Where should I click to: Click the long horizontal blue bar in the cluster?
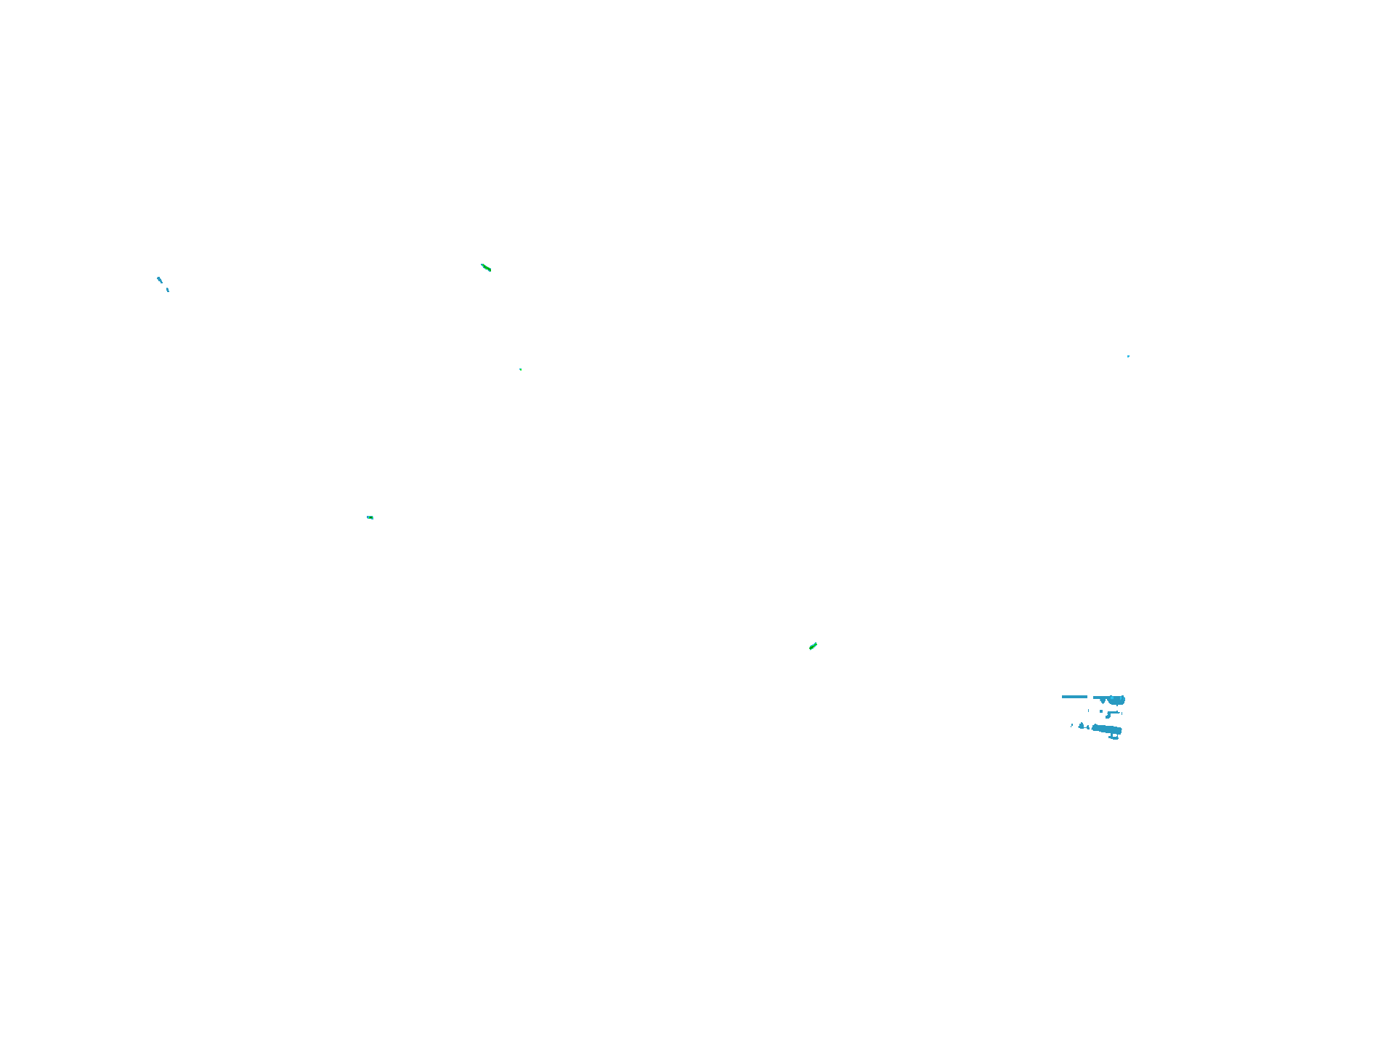1074,697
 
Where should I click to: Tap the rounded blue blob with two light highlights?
1117,701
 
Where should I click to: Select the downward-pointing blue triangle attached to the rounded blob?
1103,701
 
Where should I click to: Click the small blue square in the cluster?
1101,711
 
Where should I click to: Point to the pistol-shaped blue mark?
1110,714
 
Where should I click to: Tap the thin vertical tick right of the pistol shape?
1122,714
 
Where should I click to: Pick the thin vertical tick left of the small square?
1088,711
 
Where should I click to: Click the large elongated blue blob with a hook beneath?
1107,729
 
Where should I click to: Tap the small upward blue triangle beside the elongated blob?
1081,726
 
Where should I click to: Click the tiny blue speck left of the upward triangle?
1071,725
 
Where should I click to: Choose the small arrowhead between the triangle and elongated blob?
1088,727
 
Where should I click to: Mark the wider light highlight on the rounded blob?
1112,698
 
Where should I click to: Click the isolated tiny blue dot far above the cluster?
1128,356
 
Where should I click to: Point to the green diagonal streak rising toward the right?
813,646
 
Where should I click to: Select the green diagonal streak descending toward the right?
486,268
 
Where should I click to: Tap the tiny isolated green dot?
521,369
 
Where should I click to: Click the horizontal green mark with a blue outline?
370,517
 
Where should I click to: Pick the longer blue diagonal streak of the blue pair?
160,280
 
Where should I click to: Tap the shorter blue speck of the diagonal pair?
168,290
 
